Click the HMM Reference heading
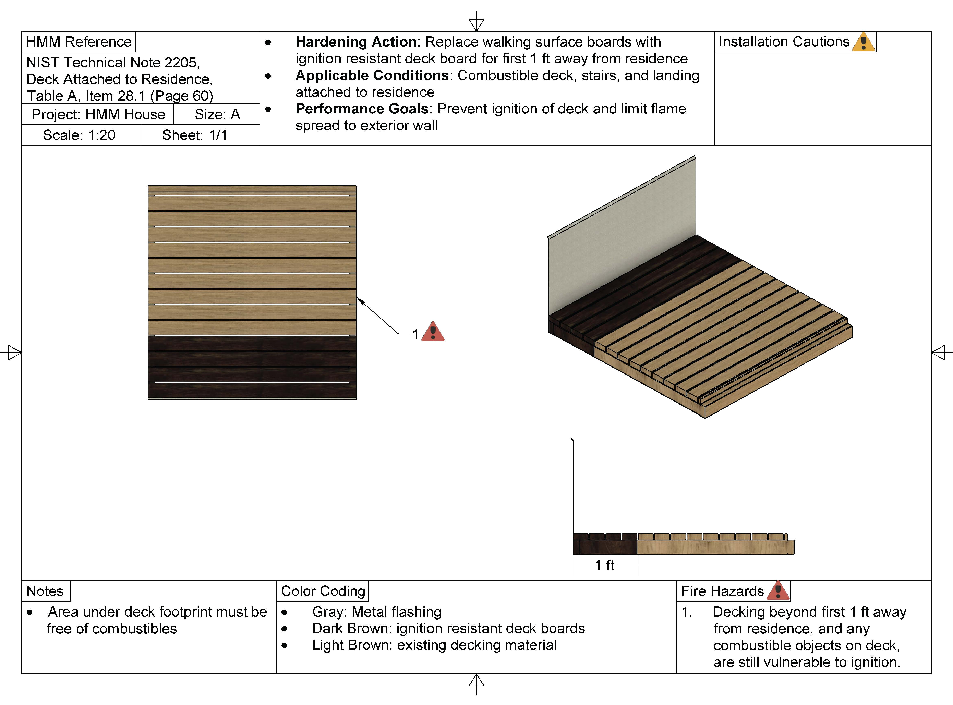point(79,42)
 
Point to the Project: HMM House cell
point(98,114)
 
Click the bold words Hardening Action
point(356,42)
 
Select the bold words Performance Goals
point(362,109)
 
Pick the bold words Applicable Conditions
point(372,76)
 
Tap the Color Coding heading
point(323,591)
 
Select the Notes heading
point(45,591)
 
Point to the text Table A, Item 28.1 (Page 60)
point(120,96)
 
